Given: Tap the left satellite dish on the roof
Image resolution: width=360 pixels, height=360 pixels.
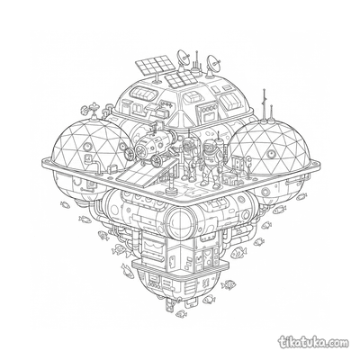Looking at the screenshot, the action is click(x=184, y=58).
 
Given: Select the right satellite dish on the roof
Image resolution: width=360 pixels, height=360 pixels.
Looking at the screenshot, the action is click(x=213, y=64).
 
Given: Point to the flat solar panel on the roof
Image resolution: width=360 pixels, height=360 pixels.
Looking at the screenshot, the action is click(x=180, y=77).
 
